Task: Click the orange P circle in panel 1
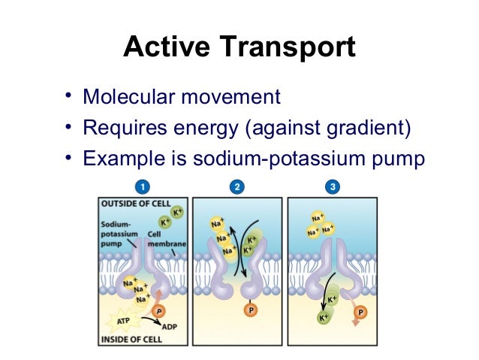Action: click(x=158, y=310)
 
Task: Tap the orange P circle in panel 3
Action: click(x=362, y=311)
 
